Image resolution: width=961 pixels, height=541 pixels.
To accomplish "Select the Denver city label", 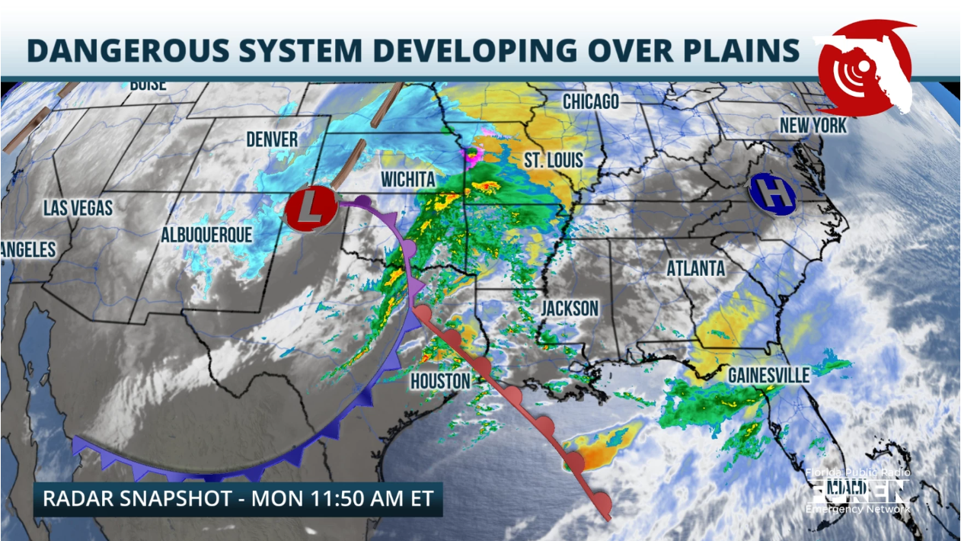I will click(x=272, y=139).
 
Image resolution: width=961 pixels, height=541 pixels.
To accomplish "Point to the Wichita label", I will click(x=407, y=180).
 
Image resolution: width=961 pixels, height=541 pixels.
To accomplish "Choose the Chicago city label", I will click(x=591, y=101).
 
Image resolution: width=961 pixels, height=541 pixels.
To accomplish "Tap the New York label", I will click(x=813, y=126).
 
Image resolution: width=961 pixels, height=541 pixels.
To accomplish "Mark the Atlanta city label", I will click(x=695, y=269).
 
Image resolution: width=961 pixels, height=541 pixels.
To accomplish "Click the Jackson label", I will click(x=570, y=309).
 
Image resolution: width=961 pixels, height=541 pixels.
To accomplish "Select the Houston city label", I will click(x=439, y=380).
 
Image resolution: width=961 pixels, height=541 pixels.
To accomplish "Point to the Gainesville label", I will click(x=768, y=375).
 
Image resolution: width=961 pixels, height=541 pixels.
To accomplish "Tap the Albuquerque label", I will click(x=206, y=235).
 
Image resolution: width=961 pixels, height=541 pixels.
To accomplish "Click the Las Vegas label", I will click(x=78, y=208).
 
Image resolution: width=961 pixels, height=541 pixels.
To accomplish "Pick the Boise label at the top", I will click(x=148, y=85).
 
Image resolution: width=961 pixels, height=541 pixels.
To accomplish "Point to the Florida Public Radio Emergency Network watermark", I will click(x=857, y=491).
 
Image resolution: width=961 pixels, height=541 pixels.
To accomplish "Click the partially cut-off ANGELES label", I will click(x=28, y=249).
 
